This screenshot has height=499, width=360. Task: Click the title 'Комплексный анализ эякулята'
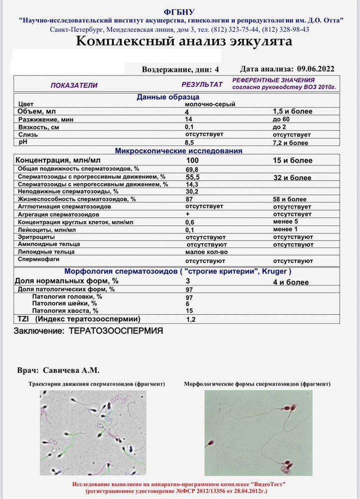click(184, 41)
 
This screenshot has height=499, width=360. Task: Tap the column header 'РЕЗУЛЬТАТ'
click(202, 85)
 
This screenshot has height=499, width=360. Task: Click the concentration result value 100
click(192, 160)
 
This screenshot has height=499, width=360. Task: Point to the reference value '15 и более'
click(293, 160)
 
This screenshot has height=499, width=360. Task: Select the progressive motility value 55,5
click(192, 177)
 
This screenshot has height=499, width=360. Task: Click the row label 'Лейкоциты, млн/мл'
click(47, 230)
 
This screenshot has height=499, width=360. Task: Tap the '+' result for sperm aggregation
click(187, 214)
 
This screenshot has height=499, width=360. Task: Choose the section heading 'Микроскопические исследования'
click(179, 151)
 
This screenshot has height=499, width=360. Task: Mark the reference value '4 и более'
click(291, 282)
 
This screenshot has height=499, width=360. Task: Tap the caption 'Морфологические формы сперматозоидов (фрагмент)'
click(257, 384)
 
